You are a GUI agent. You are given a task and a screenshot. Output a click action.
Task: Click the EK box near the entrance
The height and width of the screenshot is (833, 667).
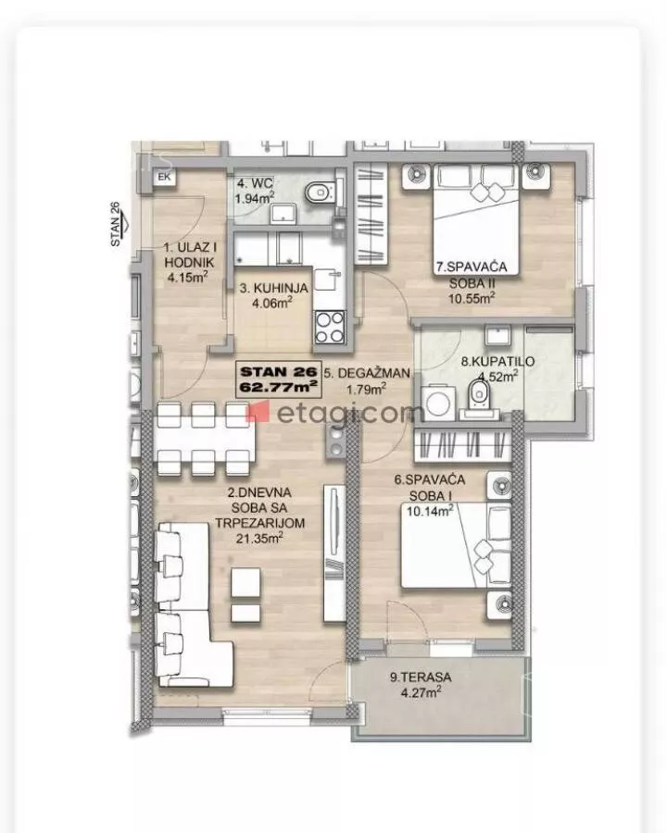pyautogui.click(x=164, y=177)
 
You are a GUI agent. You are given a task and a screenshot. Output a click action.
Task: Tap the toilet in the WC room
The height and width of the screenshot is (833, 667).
pyautogui.click(x=321, y=192)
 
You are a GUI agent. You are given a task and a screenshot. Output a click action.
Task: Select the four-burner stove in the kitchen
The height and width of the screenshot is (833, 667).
pyautogui.click(x=330, y=328)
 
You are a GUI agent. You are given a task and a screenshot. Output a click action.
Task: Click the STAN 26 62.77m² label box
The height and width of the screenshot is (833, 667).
pyautogui.click(x=279, y=379)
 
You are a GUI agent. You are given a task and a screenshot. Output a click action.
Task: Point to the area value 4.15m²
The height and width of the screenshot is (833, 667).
pyautogui.click(x=187, y=277)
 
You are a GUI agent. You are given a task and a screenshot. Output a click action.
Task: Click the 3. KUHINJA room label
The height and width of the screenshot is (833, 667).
pyautogui.click(x=273, y=288)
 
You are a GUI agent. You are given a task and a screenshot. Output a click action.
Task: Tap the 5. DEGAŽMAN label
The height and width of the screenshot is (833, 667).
pyautogui.click(x=367, y=373)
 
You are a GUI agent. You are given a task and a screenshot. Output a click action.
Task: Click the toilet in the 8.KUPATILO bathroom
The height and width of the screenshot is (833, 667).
pyautogui.click(x=479, y=397)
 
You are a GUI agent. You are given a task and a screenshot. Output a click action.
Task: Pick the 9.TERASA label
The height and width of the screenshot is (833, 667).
pyautogui.click(x=421, y=677)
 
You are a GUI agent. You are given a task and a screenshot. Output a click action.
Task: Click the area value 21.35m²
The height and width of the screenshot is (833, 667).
pyautogui.click(x=259, y=538)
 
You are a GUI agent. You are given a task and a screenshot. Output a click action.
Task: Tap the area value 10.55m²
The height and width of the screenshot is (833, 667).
pyautogui.click(x=472, y=297)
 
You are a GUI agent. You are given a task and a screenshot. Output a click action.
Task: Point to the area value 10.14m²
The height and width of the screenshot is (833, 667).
pyautogui.click(x=430, y=511)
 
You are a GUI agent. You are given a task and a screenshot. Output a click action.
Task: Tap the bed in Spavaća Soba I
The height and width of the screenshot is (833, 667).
pyautogui.click(x=456, y=545)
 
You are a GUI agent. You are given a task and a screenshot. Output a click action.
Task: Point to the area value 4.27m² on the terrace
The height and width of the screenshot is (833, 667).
pyautogui.click(x=421, y=691)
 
